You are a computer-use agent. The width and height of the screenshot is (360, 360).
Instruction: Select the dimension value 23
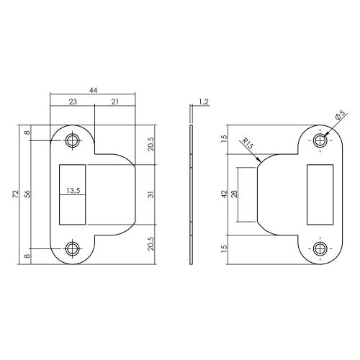(72, 102)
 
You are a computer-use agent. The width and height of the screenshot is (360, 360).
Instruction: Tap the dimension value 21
(115, 102)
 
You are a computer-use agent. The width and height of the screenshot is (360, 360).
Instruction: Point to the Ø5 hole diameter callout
(339, 114)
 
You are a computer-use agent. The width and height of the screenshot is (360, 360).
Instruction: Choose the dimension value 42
(224, 194)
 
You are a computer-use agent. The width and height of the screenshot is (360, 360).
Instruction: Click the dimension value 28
(234, 194)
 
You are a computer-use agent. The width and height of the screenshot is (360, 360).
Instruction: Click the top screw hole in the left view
(73, 140)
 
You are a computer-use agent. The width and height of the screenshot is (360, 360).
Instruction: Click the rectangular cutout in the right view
(319, 194)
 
